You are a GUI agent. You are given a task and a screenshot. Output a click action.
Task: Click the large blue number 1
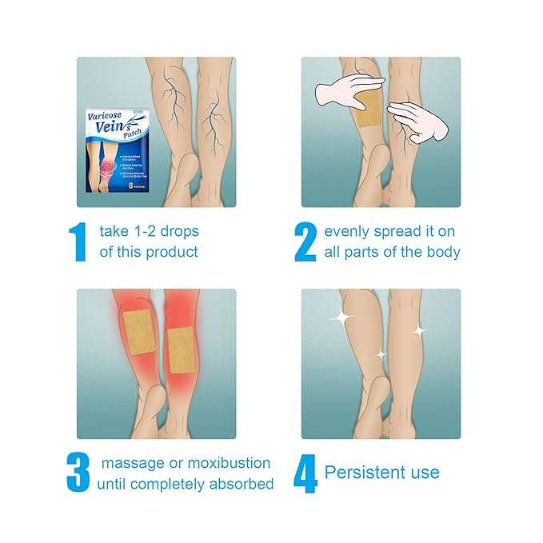tap(78, 242)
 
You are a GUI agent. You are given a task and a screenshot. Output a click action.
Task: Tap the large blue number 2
tap(305, 242)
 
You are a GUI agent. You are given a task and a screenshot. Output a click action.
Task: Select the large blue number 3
tap(78, 473)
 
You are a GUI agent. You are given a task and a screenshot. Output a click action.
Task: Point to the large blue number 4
tap(305, 473)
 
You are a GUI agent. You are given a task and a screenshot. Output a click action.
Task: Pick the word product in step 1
tap(170, 252)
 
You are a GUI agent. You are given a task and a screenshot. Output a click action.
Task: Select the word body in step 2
tap(443, 252)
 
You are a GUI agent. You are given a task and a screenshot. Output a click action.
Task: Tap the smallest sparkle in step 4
tap(381, 353)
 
